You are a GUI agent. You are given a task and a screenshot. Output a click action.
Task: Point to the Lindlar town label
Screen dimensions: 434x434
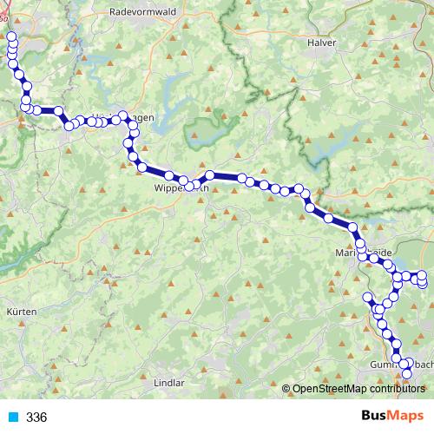coord(169,382)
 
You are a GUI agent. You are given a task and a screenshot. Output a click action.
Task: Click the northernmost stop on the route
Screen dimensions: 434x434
coord(11,37)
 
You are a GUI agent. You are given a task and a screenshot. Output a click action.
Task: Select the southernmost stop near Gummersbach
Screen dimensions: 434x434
coord(408,374)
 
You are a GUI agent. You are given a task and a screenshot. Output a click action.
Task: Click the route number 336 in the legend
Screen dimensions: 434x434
coord(36,418)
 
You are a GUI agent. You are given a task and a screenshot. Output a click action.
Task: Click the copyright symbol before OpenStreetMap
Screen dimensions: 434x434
coord(286,390)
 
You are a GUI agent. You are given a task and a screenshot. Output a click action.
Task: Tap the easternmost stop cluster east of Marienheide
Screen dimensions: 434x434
coord(423,279)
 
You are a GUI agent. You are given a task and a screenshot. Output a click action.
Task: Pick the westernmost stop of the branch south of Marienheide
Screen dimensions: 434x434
coord(367,299)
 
